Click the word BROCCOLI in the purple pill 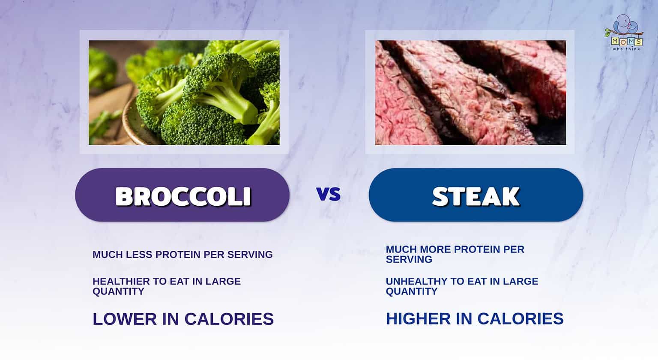(x=183, y=196)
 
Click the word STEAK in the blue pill (x=476, y=196)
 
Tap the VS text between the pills (x=329, y=194)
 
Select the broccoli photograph (x=184, y=93)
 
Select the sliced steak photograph (x=470, y=93)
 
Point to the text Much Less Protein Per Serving (x=182, y=255)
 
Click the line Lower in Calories (x=183, y=319)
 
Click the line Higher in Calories (x=475, y=318)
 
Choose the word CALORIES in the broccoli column (x=229, y=319)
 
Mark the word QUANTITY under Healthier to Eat (x=118, y=291)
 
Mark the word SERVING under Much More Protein (x=409, y=259)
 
